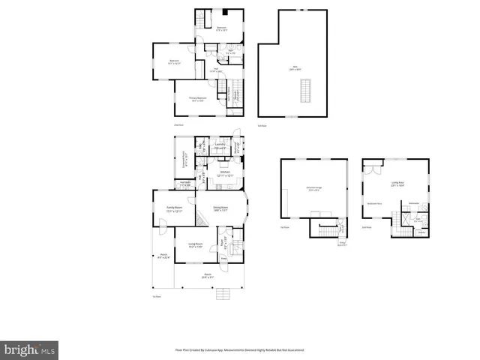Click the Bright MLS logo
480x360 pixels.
coord(30,349)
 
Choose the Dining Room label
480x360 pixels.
coord(220,209)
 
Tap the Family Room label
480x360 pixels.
coord(175,209)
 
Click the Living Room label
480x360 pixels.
coord(196,244)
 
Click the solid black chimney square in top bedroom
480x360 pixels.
coord(224,11)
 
